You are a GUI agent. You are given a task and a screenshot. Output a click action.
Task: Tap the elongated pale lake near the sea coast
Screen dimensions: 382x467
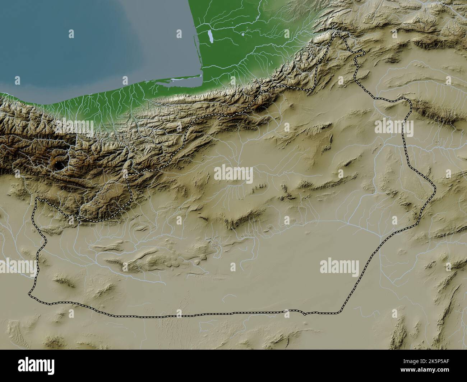[210, 36]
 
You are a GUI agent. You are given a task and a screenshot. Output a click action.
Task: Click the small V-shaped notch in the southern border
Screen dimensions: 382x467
[304, 314]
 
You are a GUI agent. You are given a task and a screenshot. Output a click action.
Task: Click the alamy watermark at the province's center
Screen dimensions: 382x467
[233, 175]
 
